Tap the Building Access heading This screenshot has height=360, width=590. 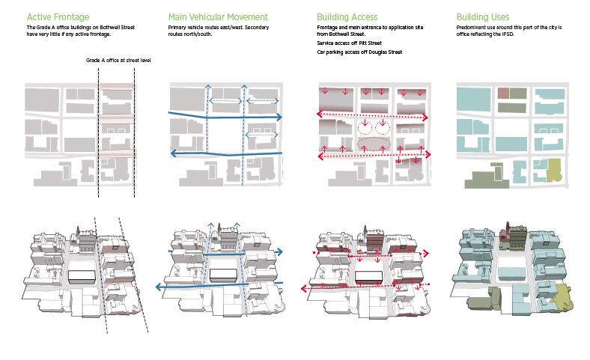[x=347, y=16]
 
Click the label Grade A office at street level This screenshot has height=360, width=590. [x=118, y=59]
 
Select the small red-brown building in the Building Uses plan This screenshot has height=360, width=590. [x=503, y=94]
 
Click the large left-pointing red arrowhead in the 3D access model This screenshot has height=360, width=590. [x=303, y=287]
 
